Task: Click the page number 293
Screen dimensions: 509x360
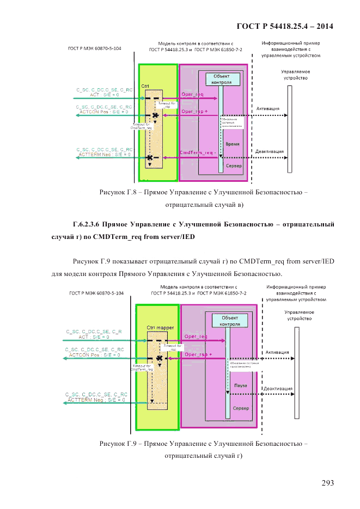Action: tap(327, 483)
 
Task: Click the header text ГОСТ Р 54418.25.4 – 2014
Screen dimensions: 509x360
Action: tap(285, 26)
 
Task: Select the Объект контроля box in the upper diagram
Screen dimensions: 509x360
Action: tap(222, 79)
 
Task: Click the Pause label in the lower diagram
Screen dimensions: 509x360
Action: tap(240, 385)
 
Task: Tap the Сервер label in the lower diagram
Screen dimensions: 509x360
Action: tap(241, 408)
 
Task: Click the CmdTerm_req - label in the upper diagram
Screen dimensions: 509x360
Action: tap(197, 153)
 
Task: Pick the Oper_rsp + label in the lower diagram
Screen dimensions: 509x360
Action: tap(198, 354)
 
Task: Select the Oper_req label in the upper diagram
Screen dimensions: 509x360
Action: tap(192, 94)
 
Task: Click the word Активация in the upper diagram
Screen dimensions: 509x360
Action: tap(268, 108)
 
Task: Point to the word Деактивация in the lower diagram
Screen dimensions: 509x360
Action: tap(278, 389)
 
